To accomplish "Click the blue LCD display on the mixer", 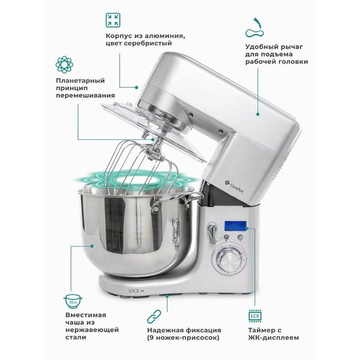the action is click(x=235, y=226).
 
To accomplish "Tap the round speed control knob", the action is click(x=230, y=259).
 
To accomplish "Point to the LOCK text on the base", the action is click(x=134, y=291).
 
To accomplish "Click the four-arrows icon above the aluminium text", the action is click(x=113, y=20).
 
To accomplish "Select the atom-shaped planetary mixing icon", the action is click(x=65, y=65).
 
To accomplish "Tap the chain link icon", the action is click(x=154, y=316).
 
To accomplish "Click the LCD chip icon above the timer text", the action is click(x=255, y=316).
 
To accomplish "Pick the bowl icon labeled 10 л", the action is click(x=73, y=301).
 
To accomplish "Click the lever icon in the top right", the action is click(x=254, y=28).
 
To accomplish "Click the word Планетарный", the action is click(x=80, y=81).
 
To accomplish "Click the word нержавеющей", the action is click(x=92, y=330).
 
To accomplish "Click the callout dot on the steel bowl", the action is click(x=92, y=246).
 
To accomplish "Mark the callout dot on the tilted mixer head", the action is click(x=258, y=114).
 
